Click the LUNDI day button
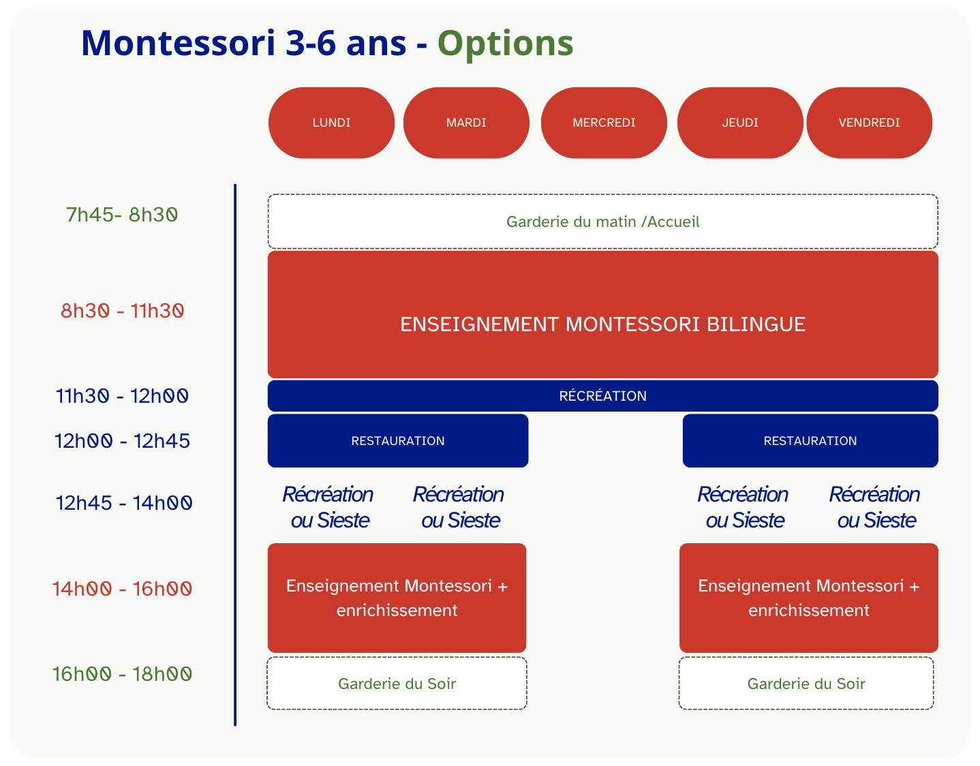(331, 123)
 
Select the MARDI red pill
(466, 123)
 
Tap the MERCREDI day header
(604, 123)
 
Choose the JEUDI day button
(740, 123)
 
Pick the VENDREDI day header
(869, 123)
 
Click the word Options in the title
(505, 43)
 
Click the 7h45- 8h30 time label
(122, 215)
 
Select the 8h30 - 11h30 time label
(123, 311)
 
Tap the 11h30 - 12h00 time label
(123, 396)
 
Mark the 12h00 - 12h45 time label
(123, 441)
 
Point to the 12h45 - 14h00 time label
(124, 503)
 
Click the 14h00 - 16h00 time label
(123, 588)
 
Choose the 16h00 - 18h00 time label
(123, 674)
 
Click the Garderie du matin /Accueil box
(602, 221)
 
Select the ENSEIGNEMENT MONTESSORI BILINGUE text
(602, 324)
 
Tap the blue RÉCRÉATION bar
(602, 396)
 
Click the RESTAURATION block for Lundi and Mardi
(397, 441)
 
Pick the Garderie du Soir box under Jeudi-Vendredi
(806, 684)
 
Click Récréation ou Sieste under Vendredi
(875, 507)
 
